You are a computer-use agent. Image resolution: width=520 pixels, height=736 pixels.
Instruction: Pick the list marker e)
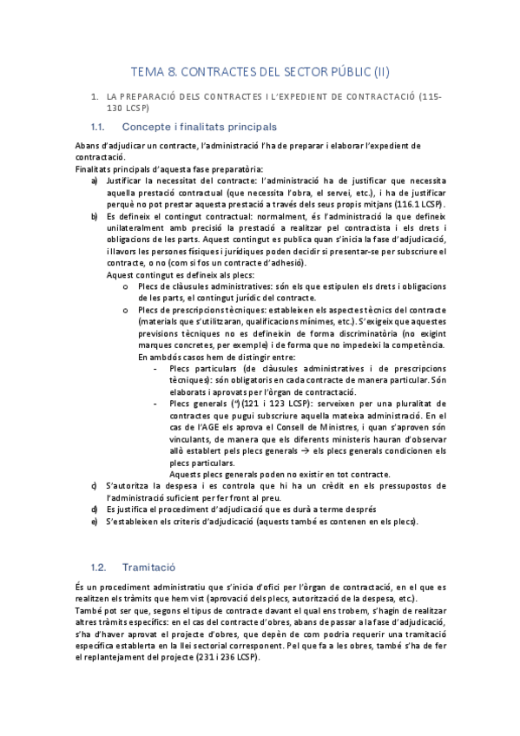point(94,522)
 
